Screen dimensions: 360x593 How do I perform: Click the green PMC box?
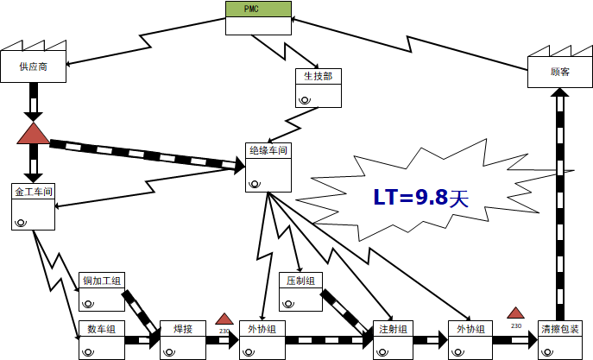258,9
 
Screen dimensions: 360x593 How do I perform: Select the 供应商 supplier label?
34,67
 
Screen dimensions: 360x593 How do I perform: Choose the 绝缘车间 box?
267,150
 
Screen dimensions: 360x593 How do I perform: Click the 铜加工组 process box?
101,281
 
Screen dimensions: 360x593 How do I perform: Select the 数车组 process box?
101,328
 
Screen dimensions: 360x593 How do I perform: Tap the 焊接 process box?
182,328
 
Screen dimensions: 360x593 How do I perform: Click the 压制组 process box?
300,281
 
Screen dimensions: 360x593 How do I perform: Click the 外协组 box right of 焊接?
261,328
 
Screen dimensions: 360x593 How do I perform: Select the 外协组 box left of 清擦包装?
470,328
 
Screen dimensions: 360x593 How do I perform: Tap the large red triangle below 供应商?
33,134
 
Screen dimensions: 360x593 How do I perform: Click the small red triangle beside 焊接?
224,319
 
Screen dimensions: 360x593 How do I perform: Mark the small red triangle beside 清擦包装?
516,313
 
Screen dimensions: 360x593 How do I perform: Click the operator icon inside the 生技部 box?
306,99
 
